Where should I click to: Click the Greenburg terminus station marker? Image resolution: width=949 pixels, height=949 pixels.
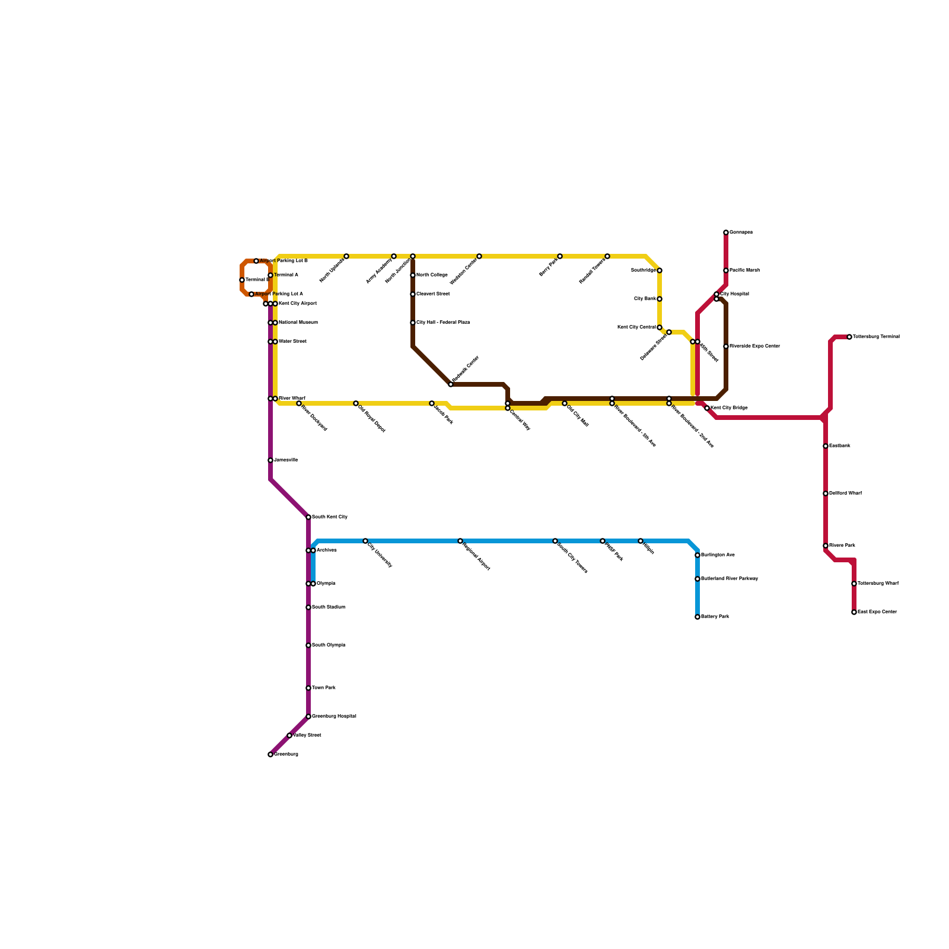270,754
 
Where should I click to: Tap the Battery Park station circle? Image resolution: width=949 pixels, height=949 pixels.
698,617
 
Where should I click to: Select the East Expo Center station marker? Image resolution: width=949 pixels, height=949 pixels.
854,612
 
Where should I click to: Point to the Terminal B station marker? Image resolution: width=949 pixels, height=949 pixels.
242,280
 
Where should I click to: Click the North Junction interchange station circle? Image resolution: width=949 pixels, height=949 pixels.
413,256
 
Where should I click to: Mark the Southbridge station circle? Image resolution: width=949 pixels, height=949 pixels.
660,270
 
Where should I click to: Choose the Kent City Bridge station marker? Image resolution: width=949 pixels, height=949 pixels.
707,408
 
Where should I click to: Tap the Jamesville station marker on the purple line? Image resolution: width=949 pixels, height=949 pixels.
270,460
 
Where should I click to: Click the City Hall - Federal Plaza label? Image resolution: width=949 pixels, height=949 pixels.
443,323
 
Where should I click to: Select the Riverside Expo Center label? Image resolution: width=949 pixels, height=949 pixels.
754,346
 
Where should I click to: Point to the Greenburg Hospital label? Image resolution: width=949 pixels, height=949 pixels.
334,716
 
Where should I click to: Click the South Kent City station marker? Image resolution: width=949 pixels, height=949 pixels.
308,517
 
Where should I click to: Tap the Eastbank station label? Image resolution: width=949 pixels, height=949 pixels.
840,446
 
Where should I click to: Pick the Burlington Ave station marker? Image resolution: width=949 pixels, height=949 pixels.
698,555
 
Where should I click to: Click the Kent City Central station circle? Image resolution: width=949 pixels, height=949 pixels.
660,327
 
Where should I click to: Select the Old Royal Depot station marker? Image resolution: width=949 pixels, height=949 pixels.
356,403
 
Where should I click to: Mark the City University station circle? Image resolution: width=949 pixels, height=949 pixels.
365,541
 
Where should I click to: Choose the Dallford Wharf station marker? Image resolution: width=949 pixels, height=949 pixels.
826,493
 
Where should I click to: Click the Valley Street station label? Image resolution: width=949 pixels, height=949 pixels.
307,735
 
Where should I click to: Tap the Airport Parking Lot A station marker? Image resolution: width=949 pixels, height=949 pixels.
251,294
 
